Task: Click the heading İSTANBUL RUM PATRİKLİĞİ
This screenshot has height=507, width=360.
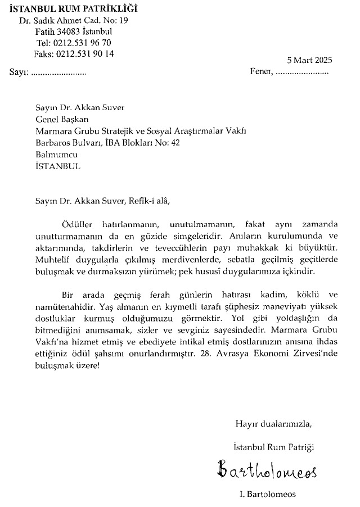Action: click(73, 8)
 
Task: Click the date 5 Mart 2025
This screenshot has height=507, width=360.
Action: click(309, 61)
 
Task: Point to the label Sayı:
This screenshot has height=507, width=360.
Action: click(19, 73)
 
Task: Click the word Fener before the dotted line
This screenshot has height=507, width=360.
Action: click(262, 73)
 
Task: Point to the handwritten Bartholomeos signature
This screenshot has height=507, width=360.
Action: click(267, 468)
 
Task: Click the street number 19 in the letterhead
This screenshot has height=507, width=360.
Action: click(124, 20)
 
